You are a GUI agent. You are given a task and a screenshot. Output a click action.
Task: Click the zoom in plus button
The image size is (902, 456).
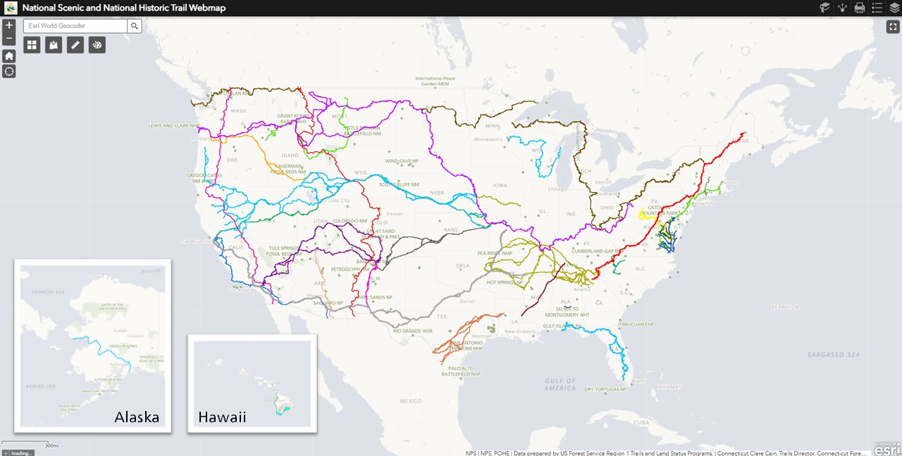8,25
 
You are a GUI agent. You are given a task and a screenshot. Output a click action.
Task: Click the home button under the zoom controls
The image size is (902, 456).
8,56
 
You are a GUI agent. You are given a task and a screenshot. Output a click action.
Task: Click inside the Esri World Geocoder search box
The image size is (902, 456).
76,26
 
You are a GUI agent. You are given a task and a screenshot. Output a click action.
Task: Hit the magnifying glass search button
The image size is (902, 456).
135,26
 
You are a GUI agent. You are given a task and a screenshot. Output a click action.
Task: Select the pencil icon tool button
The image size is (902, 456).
75,45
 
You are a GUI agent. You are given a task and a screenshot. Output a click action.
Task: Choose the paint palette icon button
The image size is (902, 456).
97,45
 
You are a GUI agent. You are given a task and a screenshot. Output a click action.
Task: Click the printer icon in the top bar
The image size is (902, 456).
860,8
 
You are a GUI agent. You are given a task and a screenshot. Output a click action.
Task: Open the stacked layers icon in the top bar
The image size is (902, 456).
894,8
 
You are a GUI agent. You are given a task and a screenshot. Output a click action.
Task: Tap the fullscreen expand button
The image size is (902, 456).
893,27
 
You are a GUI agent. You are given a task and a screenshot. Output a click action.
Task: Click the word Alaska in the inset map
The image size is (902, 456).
137,417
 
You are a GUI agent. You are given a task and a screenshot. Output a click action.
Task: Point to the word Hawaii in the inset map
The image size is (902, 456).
222,417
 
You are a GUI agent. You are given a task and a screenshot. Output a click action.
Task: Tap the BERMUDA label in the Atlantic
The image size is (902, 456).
784,307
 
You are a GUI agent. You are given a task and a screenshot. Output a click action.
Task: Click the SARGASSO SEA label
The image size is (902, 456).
834,355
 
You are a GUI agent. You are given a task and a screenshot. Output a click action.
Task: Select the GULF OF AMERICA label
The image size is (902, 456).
560,384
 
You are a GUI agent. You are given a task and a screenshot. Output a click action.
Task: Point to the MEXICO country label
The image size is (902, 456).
410,401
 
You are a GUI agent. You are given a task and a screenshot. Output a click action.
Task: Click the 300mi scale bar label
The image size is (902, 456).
51,445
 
